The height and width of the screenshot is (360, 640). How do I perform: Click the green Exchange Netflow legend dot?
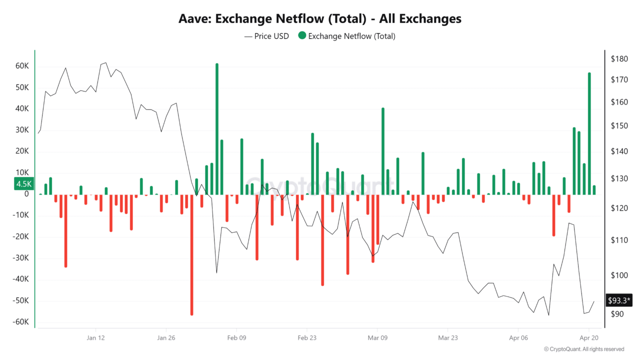(302, 36)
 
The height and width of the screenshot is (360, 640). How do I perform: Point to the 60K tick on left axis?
(21, 66)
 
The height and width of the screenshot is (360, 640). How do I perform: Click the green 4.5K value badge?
(24, 183)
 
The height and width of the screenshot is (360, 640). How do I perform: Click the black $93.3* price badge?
(619, 300)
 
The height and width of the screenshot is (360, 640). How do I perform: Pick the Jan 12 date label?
(95, 337)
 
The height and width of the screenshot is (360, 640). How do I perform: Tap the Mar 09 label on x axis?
(377, 337)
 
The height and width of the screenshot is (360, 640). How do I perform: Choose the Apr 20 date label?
(588, 337)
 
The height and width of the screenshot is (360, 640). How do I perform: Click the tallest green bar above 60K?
(217, 129)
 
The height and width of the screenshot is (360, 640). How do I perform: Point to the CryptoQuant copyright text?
(584, 349)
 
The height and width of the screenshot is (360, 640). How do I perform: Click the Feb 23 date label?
(306, 337)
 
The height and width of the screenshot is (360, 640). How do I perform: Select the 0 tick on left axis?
(26, 194)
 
